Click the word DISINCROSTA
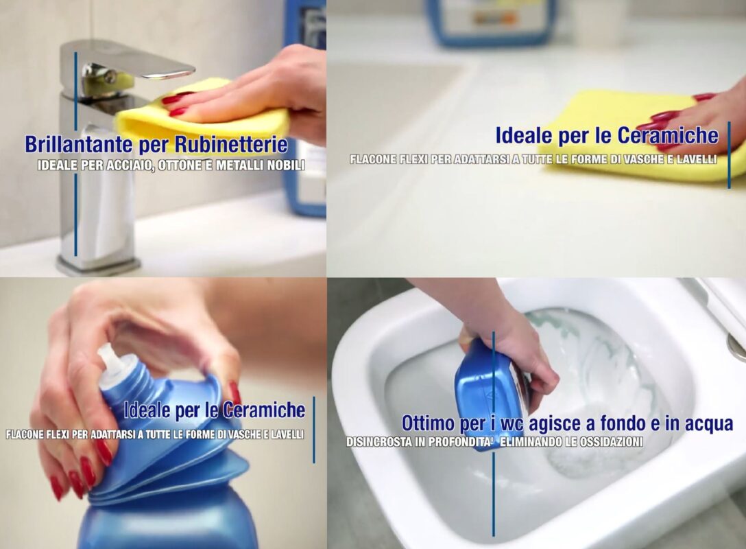coord(378,442)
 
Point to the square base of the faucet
coord(97,264)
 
